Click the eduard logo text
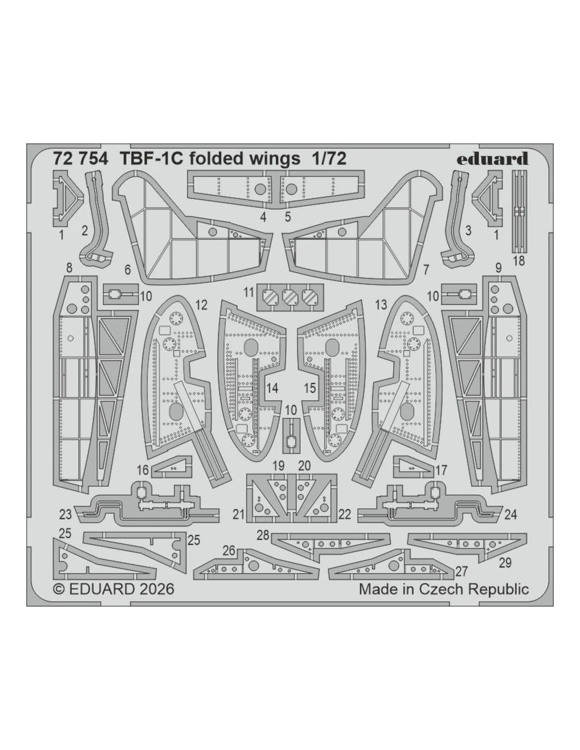492,159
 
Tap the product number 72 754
80,159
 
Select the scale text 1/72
328,159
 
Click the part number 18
519,261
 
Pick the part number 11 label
249,293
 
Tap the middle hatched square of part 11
290,296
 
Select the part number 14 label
272,388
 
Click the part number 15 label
310,388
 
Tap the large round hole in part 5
292,188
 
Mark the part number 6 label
128,270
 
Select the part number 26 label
229,551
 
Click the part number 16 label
142,470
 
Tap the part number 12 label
201,305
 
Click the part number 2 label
85,230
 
